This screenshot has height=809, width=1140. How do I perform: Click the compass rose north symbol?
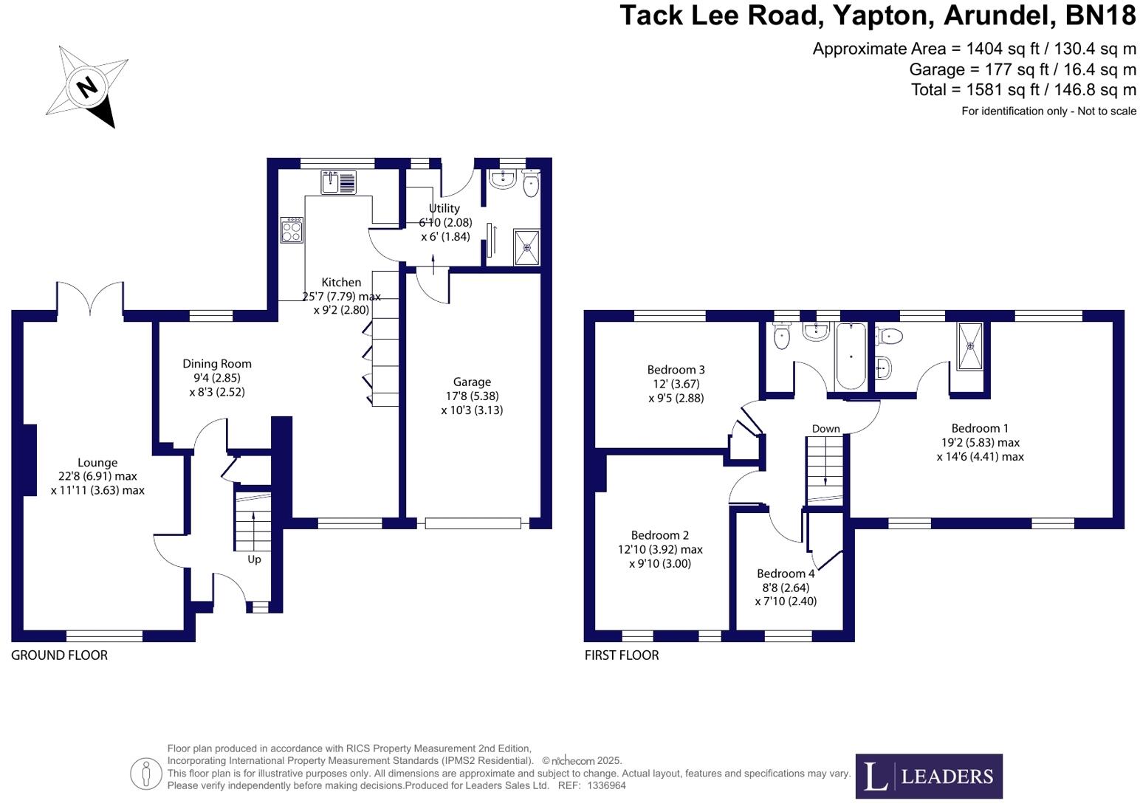(x=87, y=87)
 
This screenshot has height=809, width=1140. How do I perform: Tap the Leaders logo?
(x=928, y=776)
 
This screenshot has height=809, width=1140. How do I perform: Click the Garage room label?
(x=472, y=382)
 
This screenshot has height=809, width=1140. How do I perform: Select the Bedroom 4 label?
(x=786, y=574)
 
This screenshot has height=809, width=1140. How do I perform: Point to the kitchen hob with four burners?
(x=292, y=230)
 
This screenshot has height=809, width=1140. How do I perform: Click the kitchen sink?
(x=338, y=182)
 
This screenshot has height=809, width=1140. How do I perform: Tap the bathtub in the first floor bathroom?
(x=850, y=356)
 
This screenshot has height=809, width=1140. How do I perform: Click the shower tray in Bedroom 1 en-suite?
(x=971, y=345)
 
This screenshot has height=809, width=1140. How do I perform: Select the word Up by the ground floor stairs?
(x=254, y=560)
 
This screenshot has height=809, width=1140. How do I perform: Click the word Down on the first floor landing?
(x=825, y=429)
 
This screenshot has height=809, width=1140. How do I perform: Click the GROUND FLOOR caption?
(x=59, y=655)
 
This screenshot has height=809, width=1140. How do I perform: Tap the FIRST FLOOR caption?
(x=621, y=655)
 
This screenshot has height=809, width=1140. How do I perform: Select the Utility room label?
(x=444, y=208)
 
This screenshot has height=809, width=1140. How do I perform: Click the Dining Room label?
(x=217, y=363)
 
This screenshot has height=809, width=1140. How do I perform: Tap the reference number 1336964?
(x=606, y=785)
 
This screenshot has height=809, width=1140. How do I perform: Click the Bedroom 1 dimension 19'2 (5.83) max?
(x=980, y=442)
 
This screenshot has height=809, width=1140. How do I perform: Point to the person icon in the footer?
(x=145, y=774)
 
